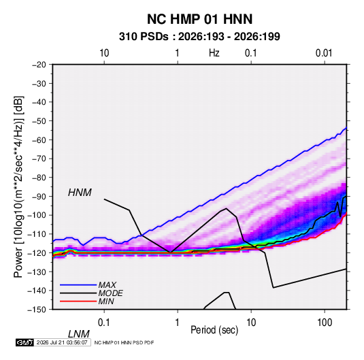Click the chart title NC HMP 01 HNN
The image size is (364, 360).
pyautogui.click(x=199, y=19)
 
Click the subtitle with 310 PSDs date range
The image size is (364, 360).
pyautogui.click(x=199, y=37)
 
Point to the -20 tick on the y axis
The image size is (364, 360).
pyautogui.click(x=39, y=65)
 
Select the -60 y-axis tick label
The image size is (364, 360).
pyautogui.click(x=39, y=140)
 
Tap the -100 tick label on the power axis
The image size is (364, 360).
pyautogui.click(x=37, y=215)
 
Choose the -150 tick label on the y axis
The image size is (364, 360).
pyautogui.click(x=37, y=310)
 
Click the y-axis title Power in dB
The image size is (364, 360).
pyautogui.click(x=18, y=186)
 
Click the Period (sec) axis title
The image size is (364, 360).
pyautogui.click(x=214, y=330)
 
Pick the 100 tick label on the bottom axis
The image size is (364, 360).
pyautogui.click(x=325, y=323)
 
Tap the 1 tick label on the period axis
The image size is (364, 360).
pyautogui.click(x=178, y=323)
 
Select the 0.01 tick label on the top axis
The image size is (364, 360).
pyautogui.click(x=324, y=53)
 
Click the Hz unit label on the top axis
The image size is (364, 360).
pyautogui.click(x=214, y=53)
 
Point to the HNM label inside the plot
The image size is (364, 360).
pyautogui.click(x=80, y=193)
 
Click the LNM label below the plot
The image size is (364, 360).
pyautogui.click(x=78, y=334)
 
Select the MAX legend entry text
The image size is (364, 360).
pyautogui.click(x=107, y=285)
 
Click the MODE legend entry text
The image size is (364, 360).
pyautogui.click(x=110, y=293)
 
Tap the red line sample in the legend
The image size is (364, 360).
pyautogui.click(x=78, y=301)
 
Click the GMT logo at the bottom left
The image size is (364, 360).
pyautogui.click(x=25, y=342)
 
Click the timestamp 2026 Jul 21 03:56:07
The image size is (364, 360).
pyautogui.click(x=62, y=342)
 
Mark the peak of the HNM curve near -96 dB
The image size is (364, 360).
pyautogui.click(x=226, y=208)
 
